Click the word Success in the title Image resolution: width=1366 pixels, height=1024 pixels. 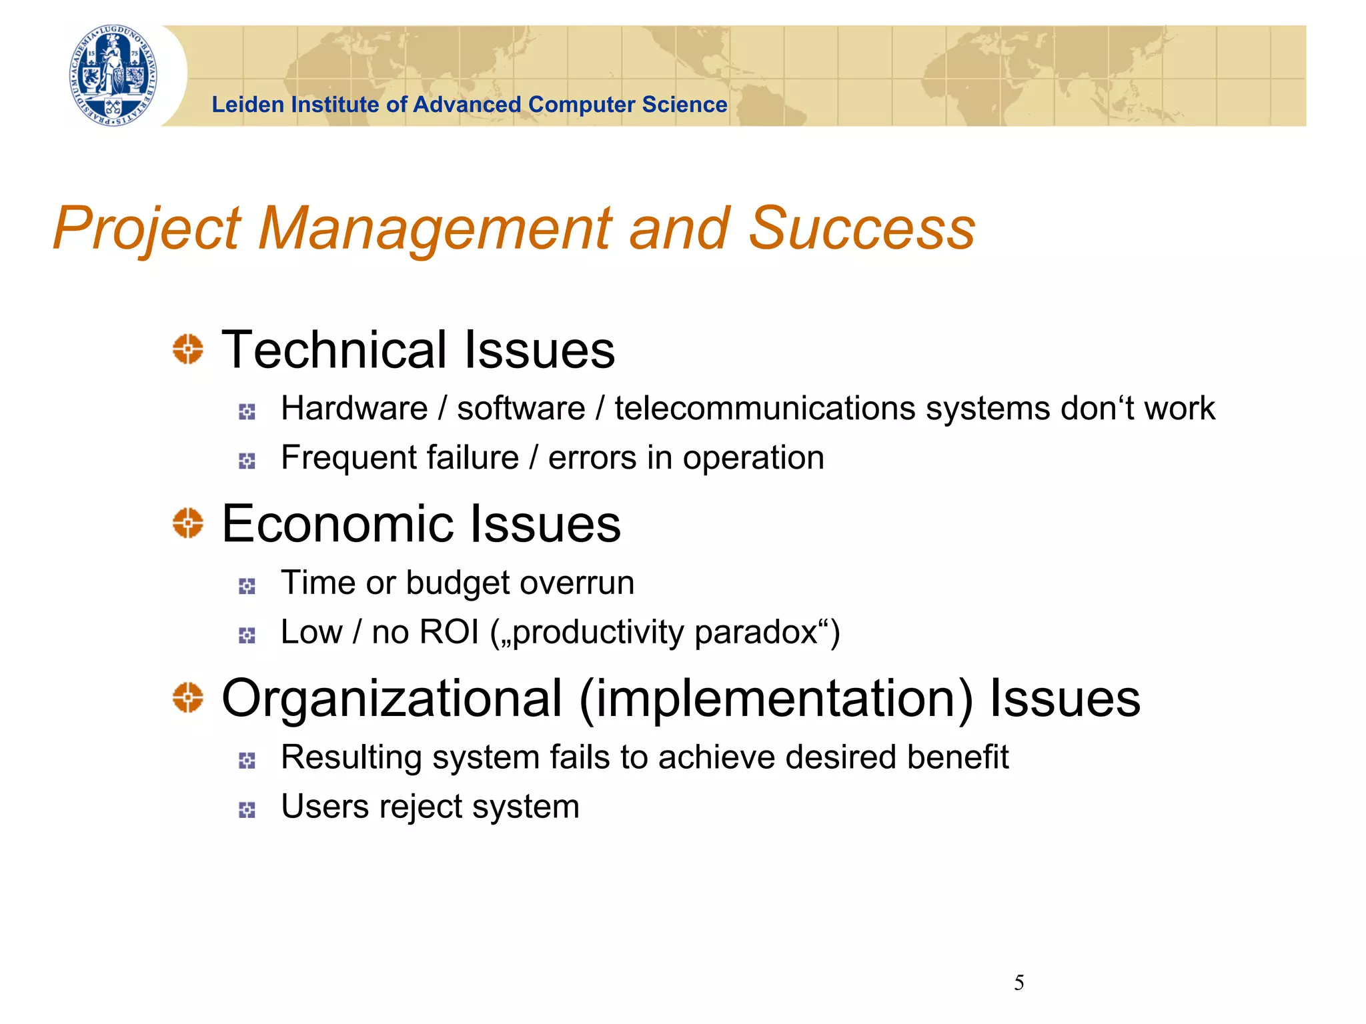(x=862, y=229)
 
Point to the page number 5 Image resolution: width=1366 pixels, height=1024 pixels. (x=1018, y=983)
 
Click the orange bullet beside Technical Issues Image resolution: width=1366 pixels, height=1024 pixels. (x=188, y=349)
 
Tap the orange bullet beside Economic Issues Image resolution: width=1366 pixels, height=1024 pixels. (x=188, y=523)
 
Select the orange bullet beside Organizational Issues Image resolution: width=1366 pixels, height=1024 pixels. (x=188, y=697)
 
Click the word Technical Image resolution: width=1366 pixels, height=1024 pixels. (x=333, y=350)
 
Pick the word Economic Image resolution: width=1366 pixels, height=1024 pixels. (x=337, y=524)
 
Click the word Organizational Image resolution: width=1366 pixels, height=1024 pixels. (x=392, y=699)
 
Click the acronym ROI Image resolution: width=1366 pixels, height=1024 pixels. (x=449, y=632)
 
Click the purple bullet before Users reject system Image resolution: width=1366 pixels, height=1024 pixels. (x=247, y=810)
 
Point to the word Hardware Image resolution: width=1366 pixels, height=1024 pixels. (x=354, y=409)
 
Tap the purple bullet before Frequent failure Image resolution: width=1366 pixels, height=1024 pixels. (x=247, y=461)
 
